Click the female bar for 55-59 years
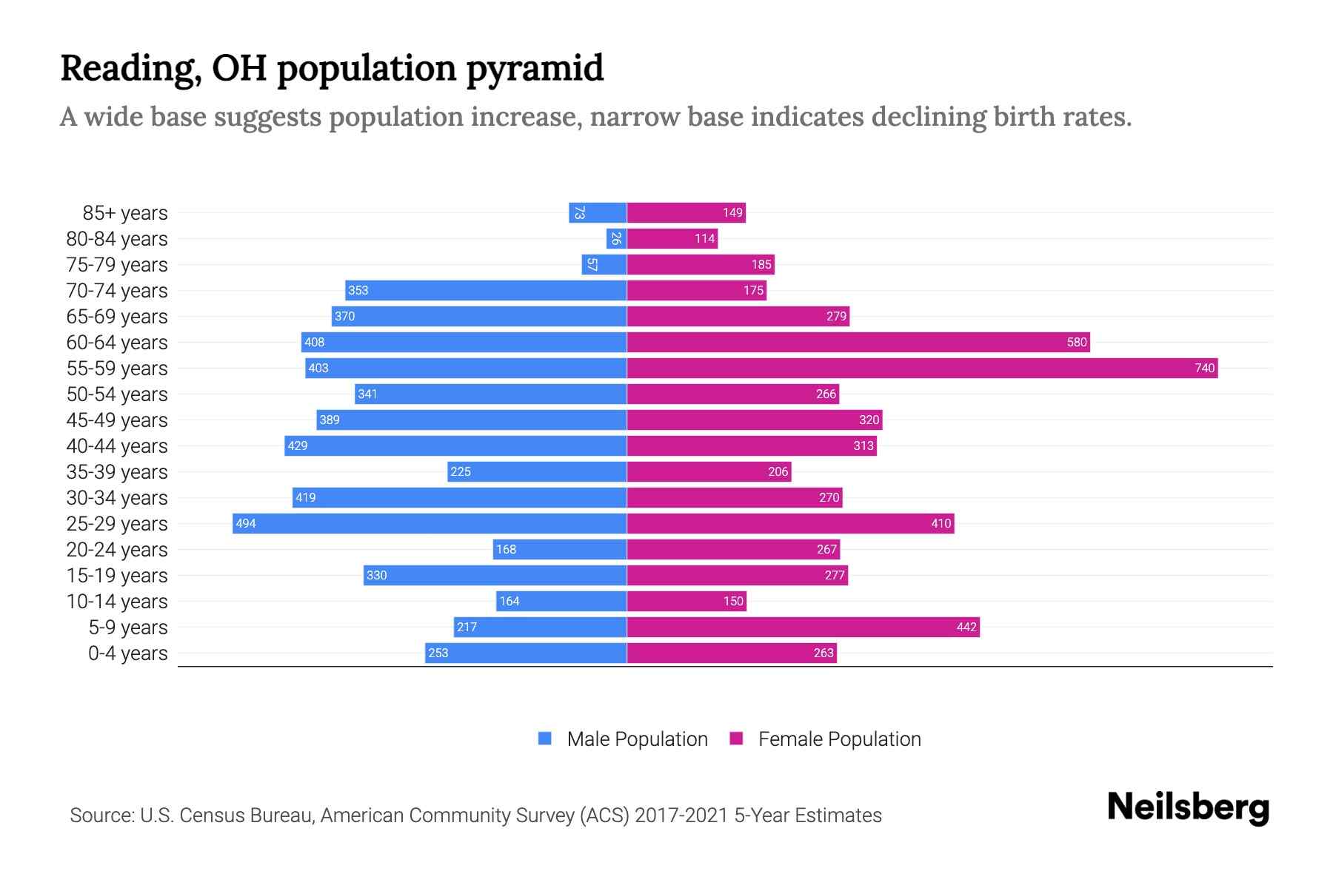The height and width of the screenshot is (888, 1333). [x=922, y=368]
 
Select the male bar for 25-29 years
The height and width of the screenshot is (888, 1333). [x=430, y=523]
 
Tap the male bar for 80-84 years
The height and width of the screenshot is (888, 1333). [x=616, y=238]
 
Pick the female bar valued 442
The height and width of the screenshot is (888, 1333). [x=804, y=627]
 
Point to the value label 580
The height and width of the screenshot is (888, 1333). [x=1076, y=342]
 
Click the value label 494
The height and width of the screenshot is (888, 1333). [x=246, y=523]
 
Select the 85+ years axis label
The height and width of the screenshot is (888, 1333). [x=124, y=213]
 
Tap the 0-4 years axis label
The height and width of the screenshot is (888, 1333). [x=127, y=653]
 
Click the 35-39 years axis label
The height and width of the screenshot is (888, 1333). [x=117, y=472]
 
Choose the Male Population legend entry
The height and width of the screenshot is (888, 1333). [x=637, y=739]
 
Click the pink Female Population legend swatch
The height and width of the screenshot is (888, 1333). [x=736, y=739]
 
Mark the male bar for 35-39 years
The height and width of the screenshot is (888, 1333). [x=537, y=471]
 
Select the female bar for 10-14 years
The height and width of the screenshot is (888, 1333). [x=686, y=601]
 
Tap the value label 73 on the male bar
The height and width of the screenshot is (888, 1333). [x=580, y=212]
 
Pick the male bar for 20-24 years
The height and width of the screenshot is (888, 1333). [x=560, y=549]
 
